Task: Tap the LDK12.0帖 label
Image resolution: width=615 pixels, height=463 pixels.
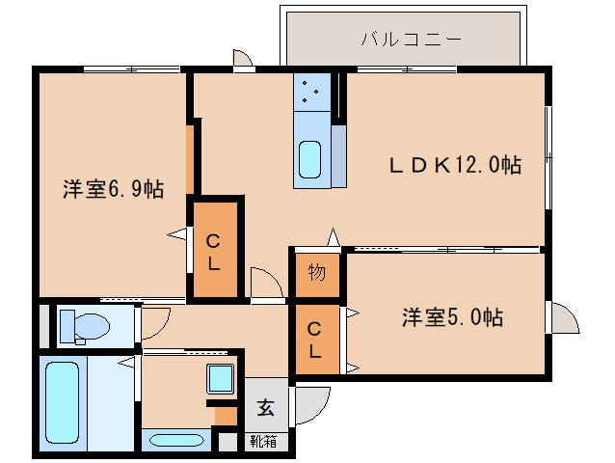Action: pyautogui.click(x=455, y=165)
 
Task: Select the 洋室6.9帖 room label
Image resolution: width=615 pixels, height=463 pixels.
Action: pyautogui.click(x=113, y=189)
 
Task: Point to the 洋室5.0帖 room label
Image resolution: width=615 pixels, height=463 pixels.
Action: pyautogui.click(x=452, y=316)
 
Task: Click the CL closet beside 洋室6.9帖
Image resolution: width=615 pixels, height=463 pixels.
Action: pyautogui.click(x=214, y=248)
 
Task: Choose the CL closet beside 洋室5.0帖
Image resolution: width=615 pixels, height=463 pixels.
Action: pyautogui.click(x=315, y=340)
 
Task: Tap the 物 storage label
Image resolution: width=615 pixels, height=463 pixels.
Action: pyautogui.click(x=316, y=273)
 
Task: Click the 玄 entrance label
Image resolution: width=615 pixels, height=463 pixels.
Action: pyautogui.click(x=265, y=407)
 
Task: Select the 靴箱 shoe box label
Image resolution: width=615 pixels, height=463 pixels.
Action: pyautogui.click(x=262, y=443)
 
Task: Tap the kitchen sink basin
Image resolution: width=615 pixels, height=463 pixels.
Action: pyautogui.click(x=310, y=158)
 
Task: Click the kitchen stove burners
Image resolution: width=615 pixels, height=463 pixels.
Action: pyautogui.click(x=311, y=93)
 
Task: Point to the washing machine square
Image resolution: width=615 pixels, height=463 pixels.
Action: pyautogui.click(x=221, y=378)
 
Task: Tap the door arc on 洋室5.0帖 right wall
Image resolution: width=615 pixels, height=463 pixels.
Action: pyautogui.click(x=563, y=317)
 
